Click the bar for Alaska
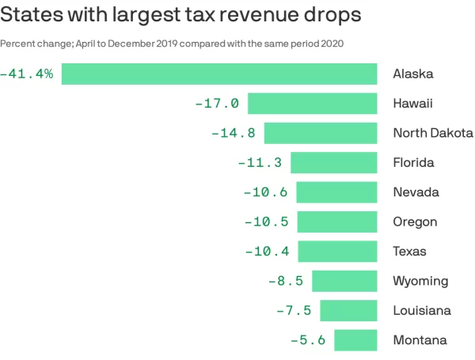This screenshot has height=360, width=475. coord(219,74)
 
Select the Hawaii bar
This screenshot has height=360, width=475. coord(312,104)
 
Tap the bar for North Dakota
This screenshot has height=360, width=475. coord(321,133)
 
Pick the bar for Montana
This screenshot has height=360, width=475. coord(355,340)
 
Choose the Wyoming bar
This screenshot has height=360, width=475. coord(344,281)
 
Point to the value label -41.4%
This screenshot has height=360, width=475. coord(28,74)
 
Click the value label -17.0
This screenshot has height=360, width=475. coord(217,104)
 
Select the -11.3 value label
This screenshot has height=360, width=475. coord(260,163)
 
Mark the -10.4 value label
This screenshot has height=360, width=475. coord(267,252)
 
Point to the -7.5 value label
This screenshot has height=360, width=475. coord(294,311)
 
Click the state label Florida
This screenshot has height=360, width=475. coord(413,163)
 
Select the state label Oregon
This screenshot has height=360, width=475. coord(415,222)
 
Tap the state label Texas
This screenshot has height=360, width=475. coord(410,252)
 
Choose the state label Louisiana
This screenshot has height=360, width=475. coord(422,311)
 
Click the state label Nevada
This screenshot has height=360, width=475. coord(416,192)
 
